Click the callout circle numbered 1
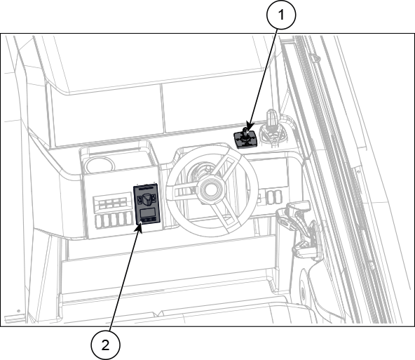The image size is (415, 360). coord(281,15)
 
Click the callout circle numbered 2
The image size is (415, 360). coord(105,345)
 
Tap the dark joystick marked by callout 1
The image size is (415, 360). coord(245,138)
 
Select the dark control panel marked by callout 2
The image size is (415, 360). coord(147,204)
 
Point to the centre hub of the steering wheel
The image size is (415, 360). coord(211,188)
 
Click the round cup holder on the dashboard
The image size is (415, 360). coord(99,165)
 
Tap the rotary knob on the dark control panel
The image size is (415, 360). coord(147,199)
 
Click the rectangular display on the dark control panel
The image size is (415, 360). coord(148,212)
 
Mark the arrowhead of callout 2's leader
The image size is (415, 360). coord(140,228)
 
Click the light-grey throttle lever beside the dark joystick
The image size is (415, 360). coord(272,127)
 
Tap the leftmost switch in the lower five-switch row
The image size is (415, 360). coord(99,222)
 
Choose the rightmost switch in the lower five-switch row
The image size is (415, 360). coord(129,218)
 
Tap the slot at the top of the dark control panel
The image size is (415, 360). coord(146,188)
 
